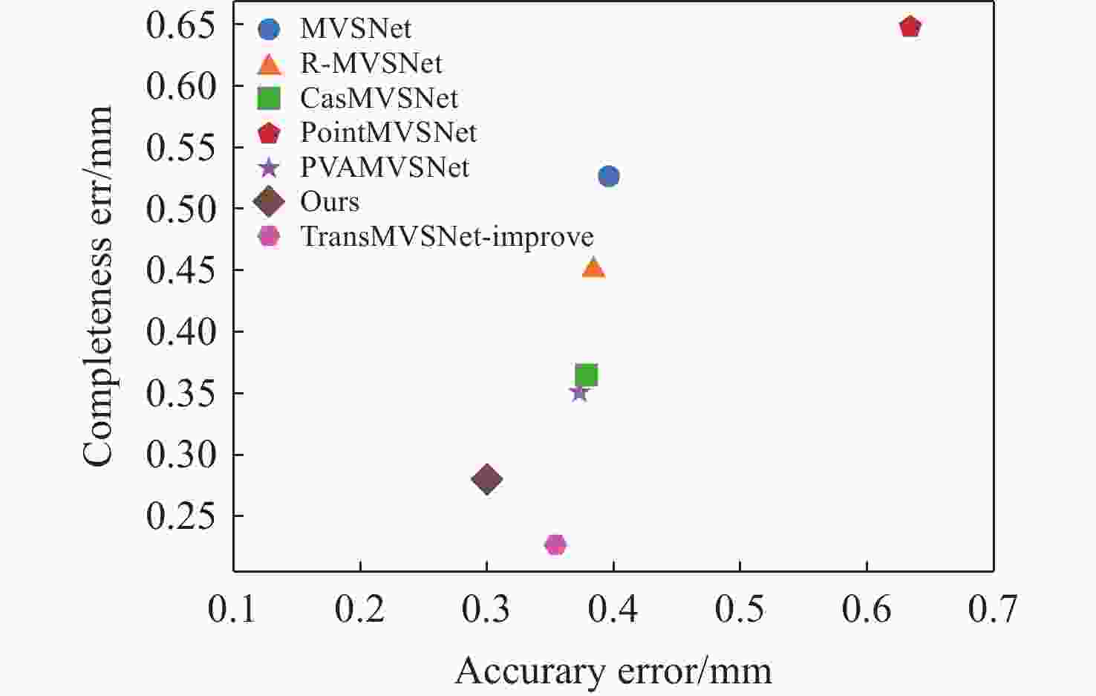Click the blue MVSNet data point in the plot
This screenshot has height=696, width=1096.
point(608,176)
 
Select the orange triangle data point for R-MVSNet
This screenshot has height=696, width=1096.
point(593,268)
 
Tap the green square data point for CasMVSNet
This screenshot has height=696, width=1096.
point(586,375)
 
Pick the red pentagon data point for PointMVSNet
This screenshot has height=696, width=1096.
point(910,27)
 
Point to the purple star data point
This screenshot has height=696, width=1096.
point(579,392)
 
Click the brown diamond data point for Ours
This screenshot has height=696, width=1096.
point(486,479)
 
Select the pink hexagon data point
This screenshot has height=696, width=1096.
point(555,544)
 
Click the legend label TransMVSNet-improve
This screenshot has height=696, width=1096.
point(446,236)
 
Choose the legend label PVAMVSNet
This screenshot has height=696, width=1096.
point(384,167)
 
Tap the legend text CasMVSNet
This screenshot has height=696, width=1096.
point(379,98)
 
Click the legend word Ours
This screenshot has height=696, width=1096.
point(330,201)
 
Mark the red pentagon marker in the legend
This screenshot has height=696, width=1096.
point(268,133)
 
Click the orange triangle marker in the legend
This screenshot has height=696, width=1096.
point(269,65)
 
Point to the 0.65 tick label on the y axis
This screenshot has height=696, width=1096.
point(180,25)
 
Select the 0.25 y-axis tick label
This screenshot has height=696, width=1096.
point(180,516)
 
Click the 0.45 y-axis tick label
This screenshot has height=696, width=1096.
point(180,270)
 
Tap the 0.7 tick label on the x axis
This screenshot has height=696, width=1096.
point(993,609)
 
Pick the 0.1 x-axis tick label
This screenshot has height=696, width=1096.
point(232,609)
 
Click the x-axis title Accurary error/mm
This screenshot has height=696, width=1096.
point(613,671)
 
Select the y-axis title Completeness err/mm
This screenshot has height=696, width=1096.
point(97,286)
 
